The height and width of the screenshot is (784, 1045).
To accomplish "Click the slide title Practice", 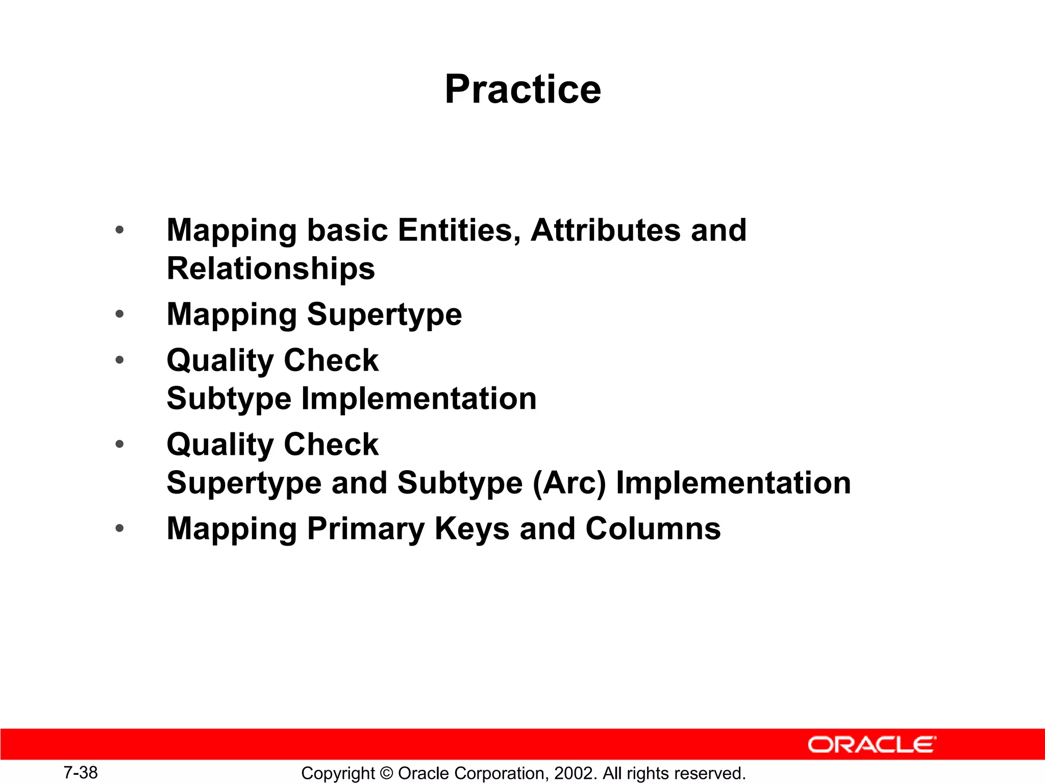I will coord(522,89).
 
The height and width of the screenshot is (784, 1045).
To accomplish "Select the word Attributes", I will coord(605,230).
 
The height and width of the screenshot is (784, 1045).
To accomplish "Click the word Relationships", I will coord(271,269).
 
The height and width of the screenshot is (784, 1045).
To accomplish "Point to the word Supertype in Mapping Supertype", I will coord(384,314).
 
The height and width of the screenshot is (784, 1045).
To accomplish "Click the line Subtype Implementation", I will coord(352,399).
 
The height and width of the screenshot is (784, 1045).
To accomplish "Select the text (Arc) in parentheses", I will coord(569,483).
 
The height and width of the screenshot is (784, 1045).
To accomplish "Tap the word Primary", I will coord(365,529).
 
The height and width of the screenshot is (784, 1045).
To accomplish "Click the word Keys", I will coord(471,529).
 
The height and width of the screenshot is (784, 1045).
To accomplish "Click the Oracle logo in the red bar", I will coord(872,745).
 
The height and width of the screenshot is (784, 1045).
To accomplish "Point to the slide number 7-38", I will coord(81,773).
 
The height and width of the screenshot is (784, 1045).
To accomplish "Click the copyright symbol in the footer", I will coord(386,774).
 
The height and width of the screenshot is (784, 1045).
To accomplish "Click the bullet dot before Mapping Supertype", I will coord(119,314).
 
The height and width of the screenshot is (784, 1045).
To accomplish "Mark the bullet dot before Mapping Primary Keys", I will coord(119,528).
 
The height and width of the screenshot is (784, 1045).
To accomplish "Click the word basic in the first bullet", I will coord(347,230).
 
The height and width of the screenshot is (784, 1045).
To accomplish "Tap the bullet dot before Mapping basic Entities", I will coord(119,230).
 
